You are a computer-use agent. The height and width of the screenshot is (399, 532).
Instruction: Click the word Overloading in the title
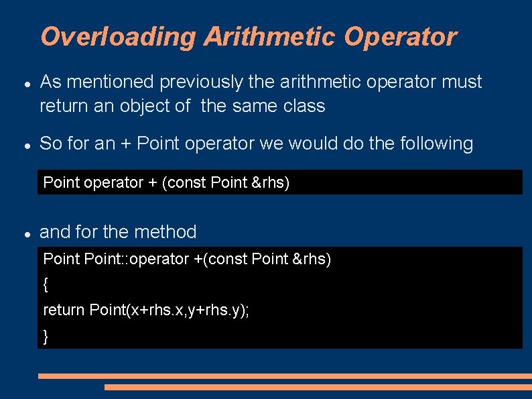click(118, 37)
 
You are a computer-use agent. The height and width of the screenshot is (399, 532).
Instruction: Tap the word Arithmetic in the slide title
click(269, 37)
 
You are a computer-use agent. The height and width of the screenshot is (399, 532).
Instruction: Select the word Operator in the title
click(400, 37)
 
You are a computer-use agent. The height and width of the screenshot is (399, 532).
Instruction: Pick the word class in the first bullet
click(304, 106)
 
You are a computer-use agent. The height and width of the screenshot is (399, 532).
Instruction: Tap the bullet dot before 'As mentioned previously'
click(25, 84)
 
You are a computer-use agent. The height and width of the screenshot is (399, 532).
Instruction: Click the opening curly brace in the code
click(46, 284)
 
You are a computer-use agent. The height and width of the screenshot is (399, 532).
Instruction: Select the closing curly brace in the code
click(46, 336)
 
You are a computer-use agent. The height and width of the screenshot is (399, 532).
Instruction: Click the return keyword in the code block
click(64, 310)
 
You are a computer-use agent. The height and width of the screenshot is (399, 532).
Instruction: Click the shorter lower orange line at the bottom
click(318, 387)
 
